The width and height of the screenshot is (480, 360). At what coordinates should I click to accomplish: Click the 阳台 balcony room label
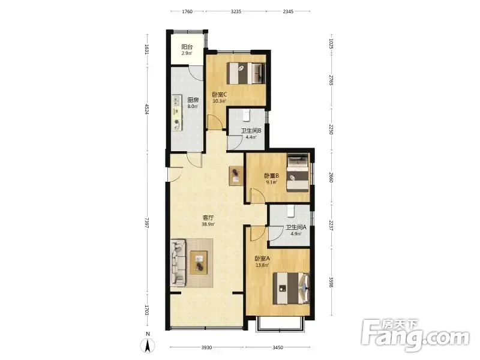(x=187, y=47)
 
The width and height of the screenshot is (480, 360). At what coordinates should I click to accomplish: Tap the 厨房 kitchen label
(x=193, y=100)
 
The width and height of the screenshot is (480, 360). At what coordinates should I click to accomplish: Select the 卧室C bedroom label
(x=220, y=95)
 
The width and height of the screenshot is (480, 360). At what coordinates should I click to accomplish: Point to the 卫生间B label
(x=251, y=131)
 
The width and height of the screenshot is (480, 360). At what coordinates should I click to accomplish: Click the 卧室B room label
(x=272, y=176)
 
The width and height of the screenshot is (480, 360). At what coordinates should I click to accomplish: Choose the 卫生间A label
(x=296, y=227)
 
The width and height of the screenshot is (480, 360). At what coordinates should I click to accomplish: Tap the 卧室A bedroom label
(x=262, y=259)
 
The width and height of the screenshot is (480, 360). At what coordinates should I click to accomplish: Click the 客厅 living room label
(x=208, y=218)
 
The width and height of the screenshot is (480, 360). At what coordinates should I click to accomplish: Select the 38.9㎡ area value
(x=208, y=224)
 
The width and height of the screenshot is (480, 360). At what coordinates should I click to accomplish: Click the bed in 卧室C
(x=245, y=73)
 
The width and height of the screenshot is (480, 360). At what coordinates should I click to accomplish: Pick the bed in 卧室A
(x=291, y=289)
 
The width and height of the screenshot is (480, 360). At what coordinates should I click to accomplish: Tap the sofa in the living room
(x=178, y=263)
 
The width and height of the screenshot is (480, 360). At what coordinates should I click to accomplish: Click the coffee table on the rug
(x=199, y=263)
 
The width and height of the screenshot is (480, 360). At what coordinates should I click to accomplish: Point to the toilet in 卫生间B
(x=246, y=115)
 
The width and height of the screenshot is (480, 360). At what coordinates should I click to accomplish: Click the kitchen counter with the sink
(x=177, y=112)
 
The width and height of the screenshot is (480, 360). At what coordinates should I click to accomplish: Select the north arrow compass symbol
(x=148, y=346)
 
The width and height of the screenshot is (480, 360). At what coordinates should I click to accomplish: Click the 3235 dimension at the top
(x=236, y=11)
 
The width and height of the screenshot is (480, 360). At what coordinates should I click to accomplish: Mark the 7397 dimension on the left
(x=147, y=223)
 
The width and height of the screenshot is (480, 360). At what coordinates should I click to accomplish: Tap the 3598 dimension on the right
(x=331, y=282)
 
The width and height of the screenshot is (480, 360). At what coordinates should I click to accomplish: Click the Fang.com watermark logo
(x=415, y=335)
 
